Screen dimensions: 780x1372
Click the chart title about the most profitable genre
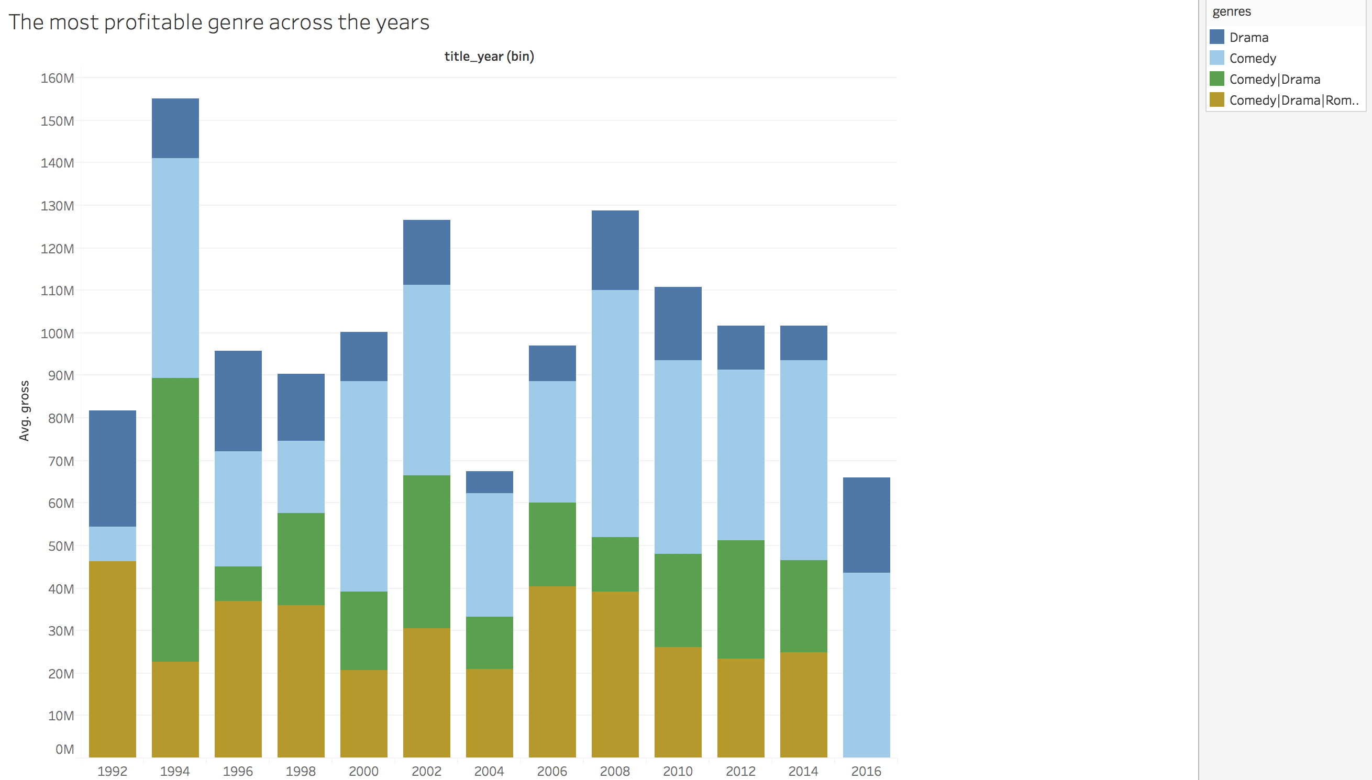[218, 23]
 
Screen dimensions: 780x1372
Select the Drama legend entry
[1248, 38]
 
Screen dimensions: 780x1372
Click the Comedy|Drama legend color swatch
[1216, 79]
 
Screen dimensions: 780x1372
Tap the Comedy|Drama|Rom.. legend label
[1293, 100]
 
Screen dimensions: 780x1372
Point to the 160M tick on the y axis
[57, 78]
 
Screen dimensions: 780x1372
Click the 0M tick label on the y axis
[64, 749]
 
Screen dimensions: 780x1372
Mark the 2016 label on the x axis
[866, 771]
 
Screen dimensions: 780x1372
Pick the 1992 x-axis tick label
[112, 771]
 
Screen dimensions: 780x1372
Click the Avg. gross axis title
[24, 410]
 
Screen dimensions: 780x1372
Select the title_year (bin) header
[489, 56]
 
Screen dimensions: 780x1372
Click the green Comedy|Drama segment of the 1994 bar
[175, 520]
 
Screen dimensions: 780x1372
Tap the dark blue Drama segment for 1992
[112, 468]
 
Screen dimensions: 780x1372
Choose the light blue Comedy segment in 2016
[866, 664]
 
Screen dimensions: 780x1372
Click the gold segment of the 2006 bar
[552, 671]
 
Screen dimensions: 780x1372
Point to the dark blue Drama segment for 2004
[489, 482]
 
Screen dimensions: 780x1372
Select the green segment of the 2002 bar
[426, 551]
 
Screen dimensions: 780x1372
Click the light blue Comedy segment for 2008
[614, 413]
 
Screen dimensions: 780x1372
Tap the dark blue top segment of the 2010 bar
[678, 323]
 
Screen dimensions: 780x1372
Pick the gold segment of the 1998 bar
[301, 681]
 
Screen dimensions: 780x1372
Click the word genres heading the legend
[1231, 12]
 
